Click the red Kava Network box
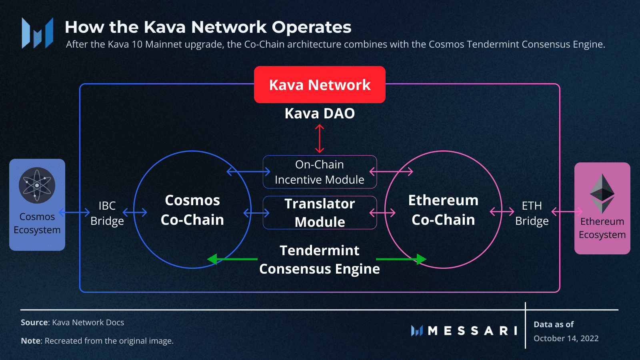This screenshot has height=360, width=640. click(x=320, y=84)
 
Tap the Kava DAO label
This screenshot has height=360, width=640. click(x=320, y=114)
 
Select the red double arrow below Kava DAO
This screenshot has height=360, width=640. click(x=320, y=138)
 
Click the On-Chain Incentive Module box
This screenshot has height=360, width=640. click(x=320, y=172)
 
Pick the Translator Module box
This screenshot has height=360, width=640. click(x=320, y=212)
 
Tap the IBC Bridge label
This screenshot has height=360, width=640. click(x=107, y=213)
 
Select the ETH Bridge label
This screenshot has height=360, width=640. click(x=532, y=213)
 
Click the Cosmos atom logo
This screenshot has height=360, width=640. click(x=37, y=186)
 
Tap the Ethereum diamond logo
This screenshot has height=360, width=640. click(x=602, y=194)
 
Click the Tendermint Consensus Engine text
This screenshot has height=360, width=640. click(x=320, y=260)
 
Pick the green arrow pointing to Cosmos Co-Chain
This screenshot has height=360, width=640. click(x=232, y=259)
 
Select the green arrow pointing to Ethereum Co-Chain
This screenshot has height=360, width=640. click(x=401, y=259)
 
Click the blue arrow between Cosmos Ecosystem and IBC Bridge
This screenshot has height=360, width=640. click(x=74, y=212)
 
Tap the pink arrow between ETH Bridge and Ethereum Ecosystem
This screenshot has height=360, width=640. click(x=567, y=212)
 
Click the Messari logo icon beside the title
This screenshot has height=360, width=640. click(x=38, y=33)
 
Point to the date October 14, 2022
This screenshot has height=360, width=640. click(x=566, y=338)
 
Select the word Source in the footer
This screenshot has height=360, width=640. click(x=34, y=322)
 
